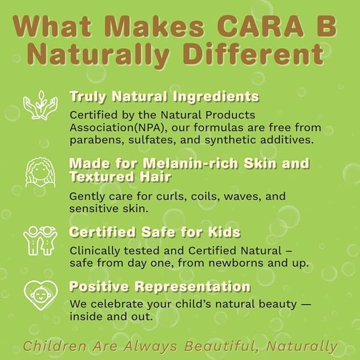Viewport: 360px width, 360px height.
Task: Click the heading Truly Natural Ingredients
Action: pos(164,96)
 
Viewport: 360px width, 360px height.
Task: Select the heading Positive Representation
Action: pos(160,287)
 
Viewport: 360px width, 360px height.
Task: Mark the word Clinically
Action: pos(91,250)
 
